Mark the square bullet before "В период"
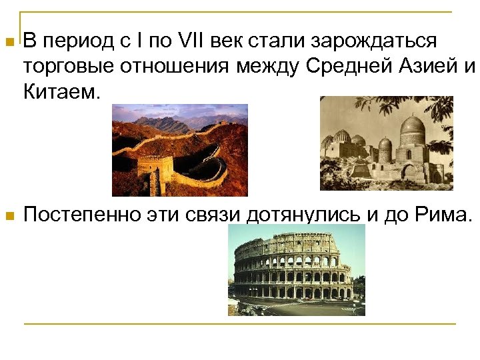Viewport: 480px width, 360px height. click(x=8, y=42)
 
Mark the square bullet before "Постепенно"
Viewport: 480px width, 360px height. click(x=8, y=216)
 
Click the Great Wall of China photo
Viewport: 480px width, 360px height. click(x=179, y=150)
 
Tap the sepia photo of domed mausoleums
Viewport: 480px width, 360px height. click(x=386, y=143)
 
